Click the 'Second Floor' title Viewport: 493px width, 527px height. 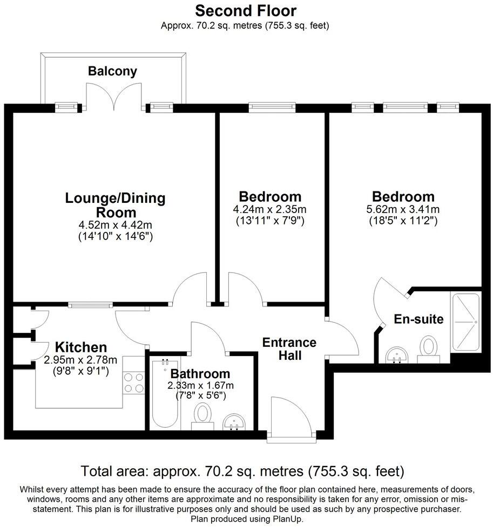point(246,10)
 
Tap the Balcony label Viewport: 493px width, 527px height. point(113,71)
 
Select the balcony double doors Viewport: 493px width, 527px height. point(113,97)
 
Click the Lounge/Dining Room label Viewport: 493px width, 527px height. point(115,205)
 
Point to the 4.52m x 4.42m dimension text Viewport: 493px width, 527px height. point(116,225)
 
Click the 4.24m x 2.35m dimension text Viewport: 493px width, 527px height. point(270,209)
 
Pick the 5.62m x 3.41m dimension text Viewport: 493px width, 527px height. point(403,209)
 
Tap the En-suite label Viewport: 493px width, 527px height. point(418,319)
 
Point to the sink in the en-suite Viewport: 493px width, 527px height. point(399,354)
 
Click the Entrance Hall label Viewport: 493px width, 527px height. point(289,348)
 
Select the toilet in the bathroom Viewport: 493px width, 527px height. point(203,416)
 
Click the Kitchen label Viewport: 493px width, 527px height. point(81,347)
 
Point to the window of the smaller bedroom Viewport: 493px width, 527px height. point(272,108)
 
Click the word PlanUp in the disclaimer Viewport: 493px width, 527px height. point(288,518)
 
